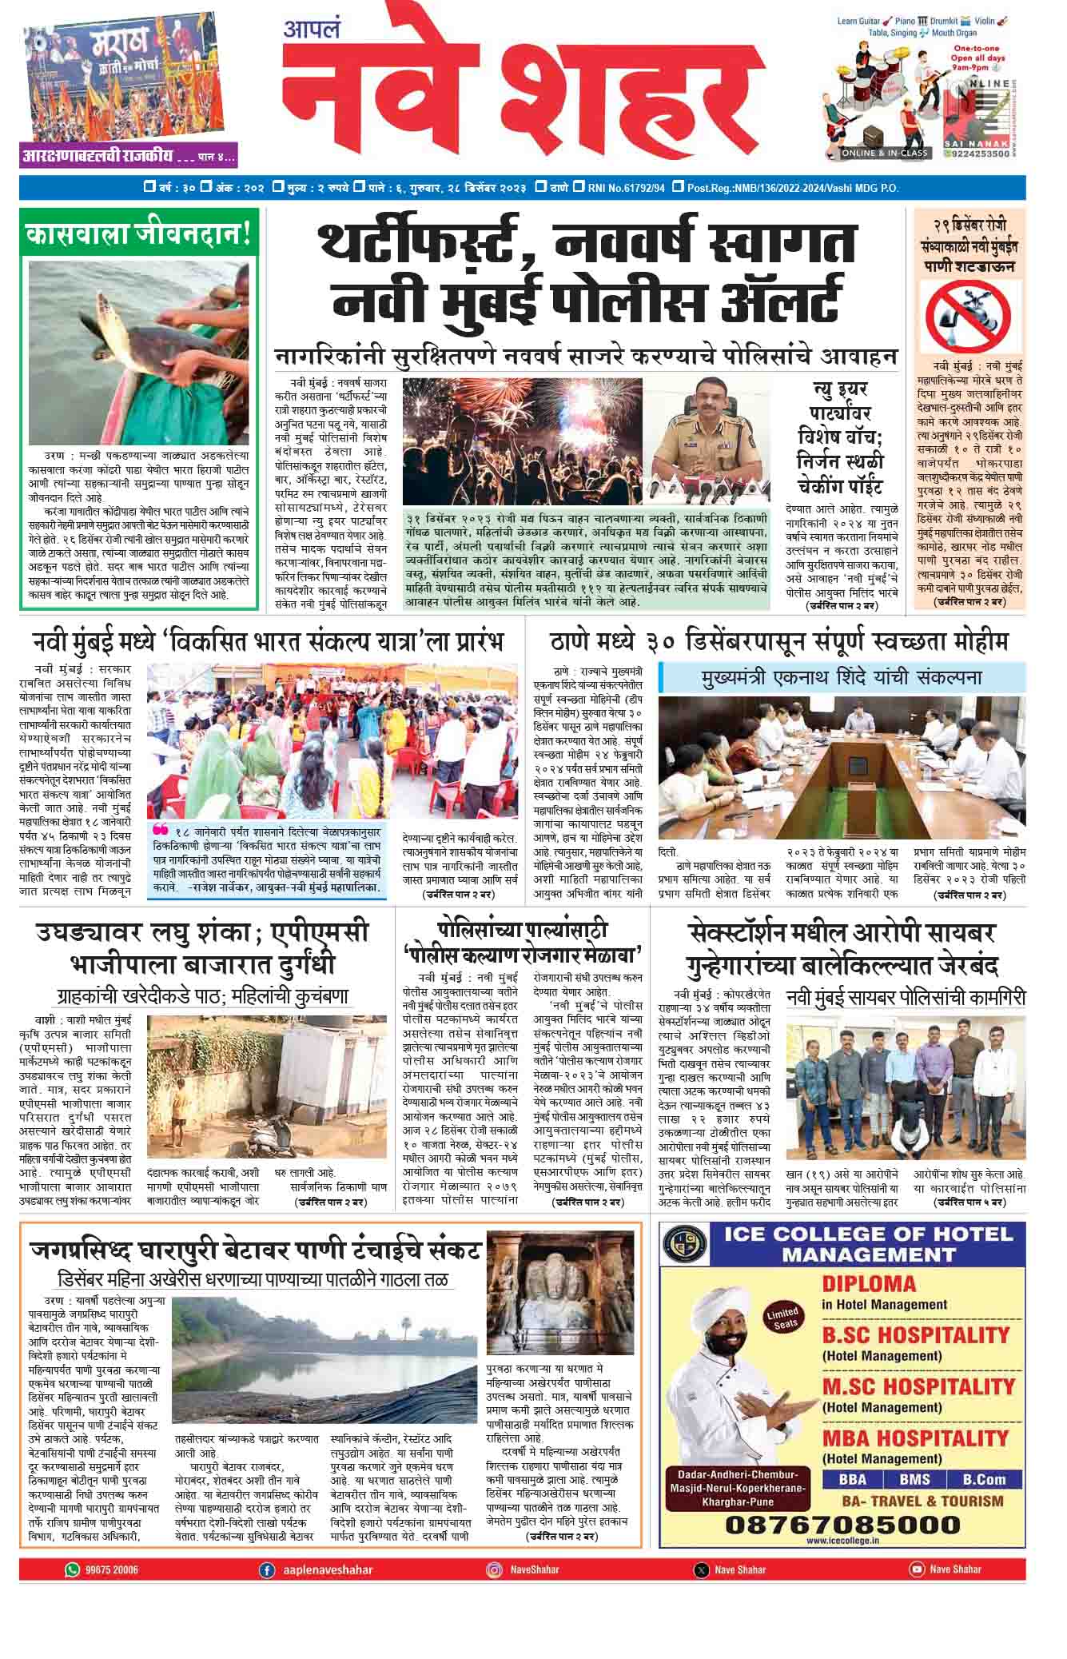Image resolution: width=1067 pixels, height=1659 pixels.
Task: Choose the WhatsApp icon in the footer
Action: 73,1569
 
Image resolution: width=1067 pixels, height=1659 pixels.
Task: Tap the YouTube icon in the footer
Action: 916,1569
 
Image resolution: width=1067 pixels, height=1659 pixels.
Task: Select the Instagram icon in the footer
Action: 495,1569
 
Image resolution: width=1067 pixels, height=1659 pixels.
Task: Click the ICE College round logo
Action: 687,1245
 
